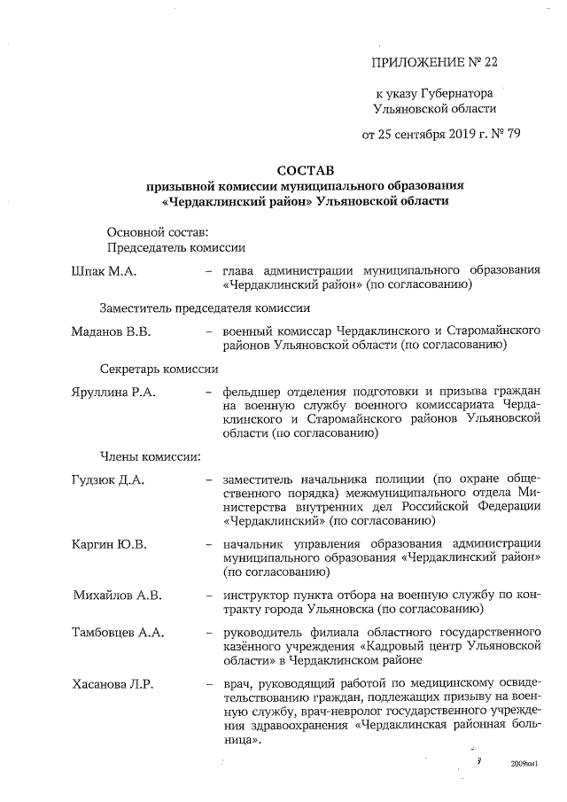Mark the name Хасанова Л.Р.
pos(113,685)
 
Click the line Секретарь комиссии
pos(159,367)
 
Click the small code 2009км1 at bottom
pos(524,763)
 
